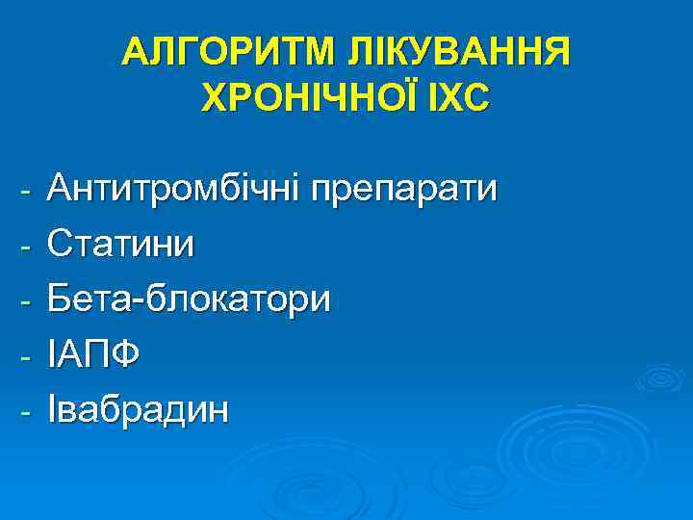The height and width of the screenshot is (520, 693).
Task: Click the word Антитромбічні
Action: pyautogui.click(x=174, y=189)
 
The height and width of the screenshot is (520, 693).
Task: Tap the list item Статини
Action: pyautogui.click(x=119, y=244)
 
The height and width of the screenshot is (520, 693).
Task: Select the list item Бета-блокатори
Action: pyautogui.click(x=189, y=299)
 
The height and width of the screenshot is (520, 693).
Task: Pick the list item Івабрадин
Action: pyautogui.click(x=140, y=410)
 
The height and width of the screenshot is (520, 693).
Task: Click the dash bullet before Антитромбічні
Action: pyautogui.click(x=28, y=191)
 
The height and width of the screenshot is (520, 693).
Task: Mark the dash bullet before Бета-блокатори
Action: pyautogui.click(x=28, y=301)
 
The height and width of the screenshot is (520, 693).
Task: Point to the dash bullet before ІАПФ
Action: pyautogui.click(x=28, y=357)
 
